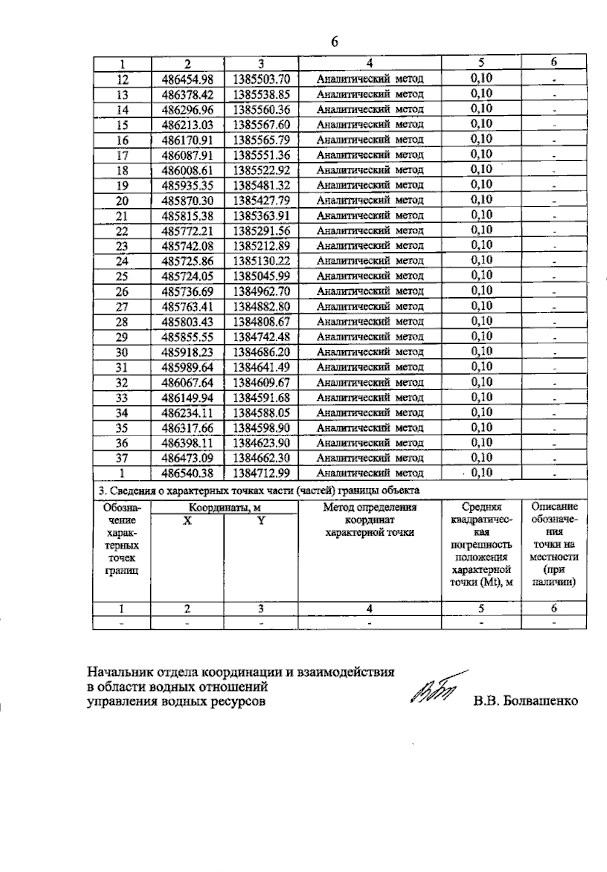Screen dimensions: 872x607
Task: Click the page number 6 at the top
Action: coord(334,42)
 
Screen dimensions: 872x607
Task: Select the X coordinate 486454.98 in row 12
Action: coord(187,79)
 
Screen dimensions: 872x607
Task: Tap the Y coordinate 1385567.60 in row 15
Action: coord(262,125)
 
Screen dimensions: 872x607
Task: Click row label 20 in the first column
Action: coord(122,201)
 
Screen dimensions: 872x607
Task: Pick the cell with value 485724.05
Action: coord(187,277)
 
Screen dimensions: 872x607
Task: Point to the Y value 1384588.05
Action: coord(262,413)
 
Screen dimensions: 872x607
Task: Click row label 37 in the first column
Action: coord(122,458)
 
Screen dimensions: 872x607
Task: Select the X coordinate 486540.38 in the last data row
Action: coord(187,474)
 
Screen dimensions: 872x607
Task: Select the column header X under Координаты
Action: coord(187,521)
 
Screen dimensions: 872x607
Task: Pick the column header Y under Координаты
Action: coord(261,521)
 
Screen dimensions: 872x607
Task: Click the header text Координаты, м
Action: coord(225,508)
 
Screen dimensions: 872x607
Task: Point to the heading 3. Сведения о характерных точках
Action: coord(258,490)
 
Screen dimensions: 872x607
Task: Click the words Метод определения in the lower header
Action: coord(370,508)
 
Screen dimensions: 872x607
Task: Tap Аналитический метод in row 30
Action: coord(370,352)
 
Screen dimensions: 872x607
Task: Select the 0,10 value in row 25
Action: coord(482,276)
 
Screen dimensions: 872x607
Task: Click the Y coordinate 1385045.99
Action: coord(262,277)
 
